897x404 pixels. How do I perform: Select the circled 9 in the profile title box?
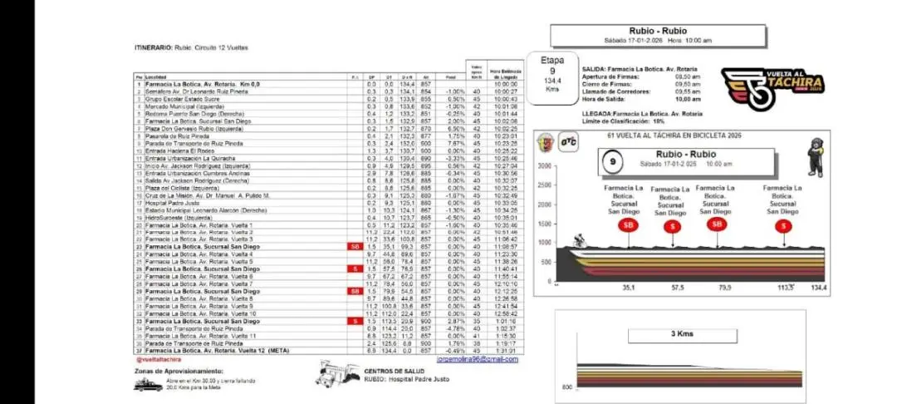coord(613,158)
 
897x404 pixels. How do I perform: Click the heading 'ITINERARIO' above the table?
coord(153,47)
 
